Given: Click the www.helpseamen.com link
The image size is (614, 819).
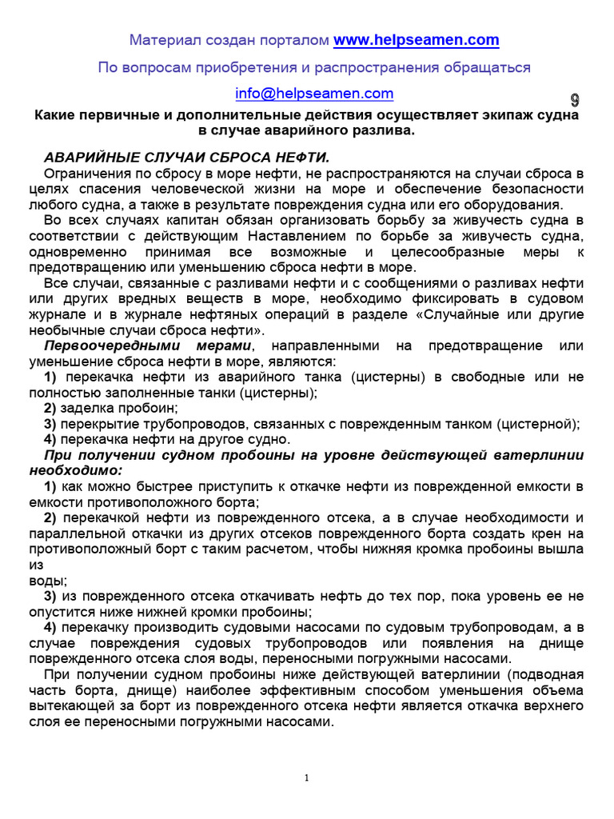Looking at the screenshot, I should click(416, 40).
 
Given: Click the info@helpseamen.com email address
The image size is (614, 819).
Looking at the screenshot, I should click(314, 94).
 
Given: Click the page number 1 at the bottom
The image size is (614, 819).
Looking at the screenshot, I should click(306, 779).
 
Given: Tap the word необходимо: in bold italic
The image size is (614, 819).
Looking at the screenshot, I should click(76, 470).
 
